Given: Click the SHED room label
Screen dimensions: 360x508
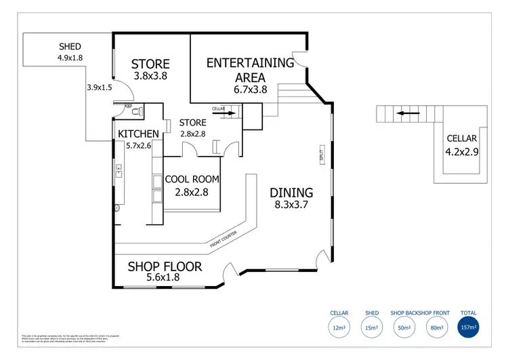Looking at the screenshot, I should (x=70, y=47).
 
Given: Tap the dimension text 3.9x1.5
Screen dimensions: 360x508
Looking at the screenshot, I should (x=99, y=87).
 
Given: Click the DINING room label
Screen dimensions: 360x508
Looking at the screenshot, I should (x=293, y=193).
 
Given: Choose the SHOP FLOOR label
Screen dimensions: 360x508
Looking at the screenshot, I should (x=165, y=266).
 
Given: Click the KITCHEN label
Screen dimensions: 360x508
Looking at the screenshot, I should (x=139, y=134).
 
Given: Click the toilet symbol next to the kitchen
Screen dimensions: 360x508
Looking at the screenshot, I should (x=137, y=112).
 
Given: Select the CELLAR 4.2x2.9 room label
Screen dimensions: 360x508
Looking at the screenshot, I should (x=462, y=138).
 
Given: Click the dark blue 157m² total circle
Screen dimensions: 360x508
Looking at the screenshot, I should (x=468, y=327).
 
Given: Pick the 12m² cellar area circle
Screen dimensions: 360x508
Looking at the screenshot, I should (x=339, y=327).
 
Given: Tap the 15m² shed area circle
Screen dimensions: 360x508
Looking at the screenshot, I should (x=371, y=327).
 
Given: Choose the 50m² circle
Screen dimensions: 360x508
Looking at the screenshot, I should (x=404, y=327).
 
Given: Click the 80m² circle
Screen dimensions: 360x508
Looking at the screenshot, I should (x=436, y=327).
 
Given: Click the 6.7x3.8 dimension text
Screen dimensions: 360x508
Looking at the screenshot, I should (x=251, y=89).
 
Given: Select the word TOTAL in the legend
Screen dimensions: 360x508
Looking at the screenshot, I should (x=468, y=313).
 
